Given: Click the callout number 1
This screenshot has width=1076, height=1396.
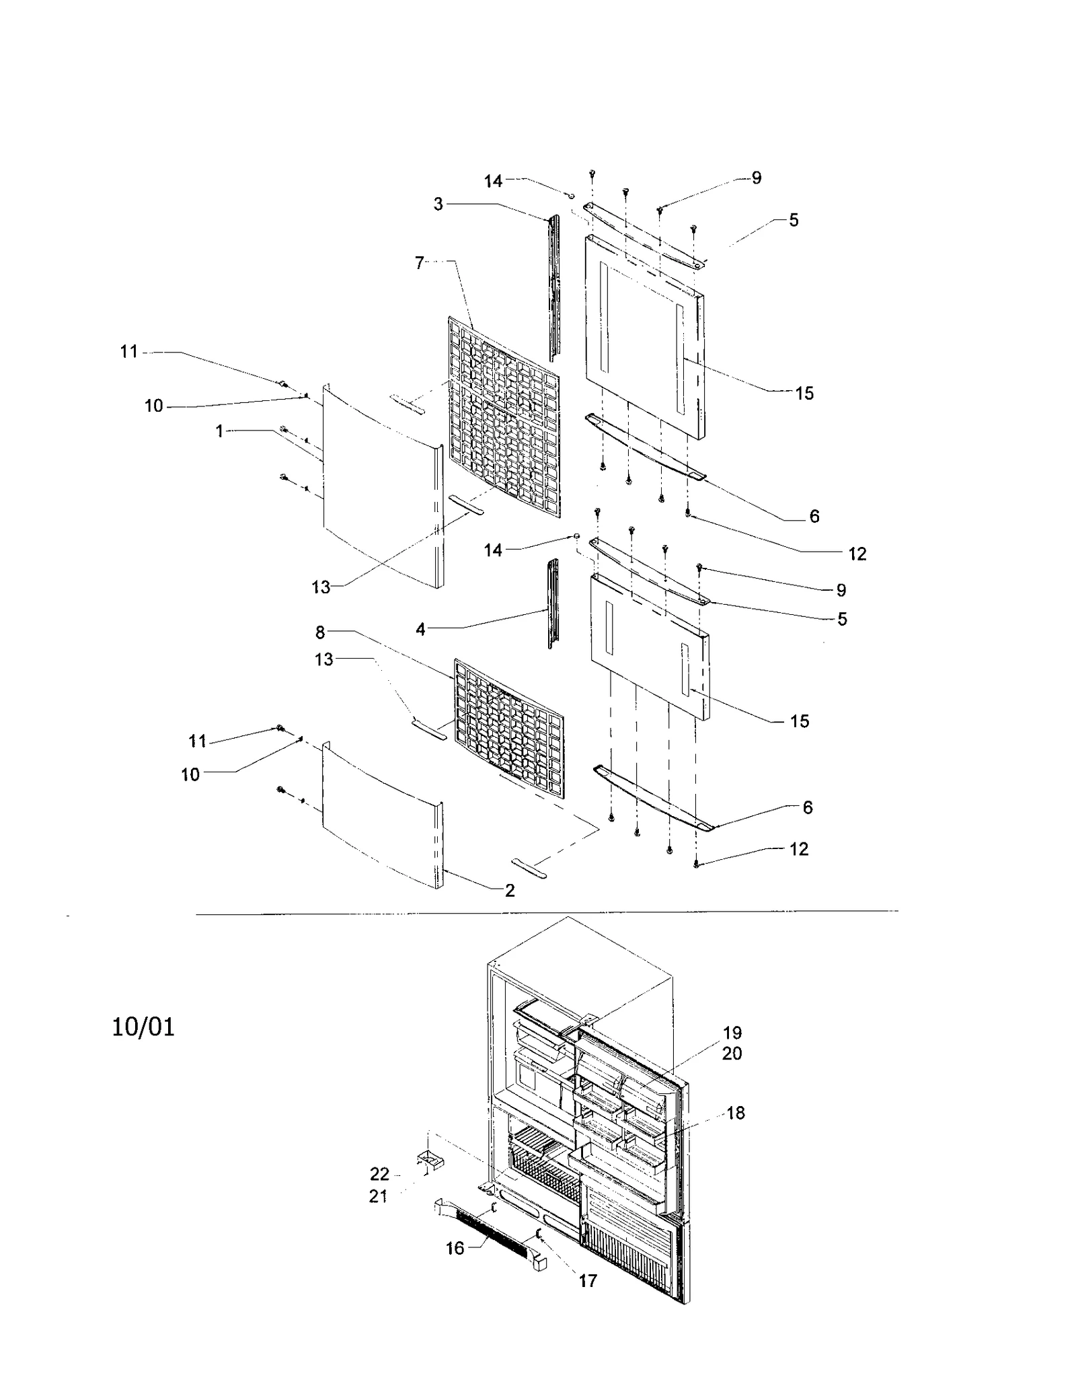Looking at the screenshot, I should click(x=219, y=431).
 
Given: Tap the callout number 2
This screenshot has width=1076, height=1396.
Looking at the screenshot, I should click(x=510, y=890).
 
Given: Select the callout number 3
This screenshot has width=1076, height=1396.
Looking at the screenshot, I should click(x=438, y=204).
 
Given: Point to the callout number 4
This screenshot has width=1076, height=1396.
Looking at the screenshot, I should click(x=420, y=630).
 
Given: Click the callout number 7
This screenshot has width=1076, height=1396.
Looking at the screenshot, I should click(x=420, y=263).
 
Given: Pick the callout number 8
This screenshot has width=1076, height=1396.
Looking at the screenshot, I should click(x=320, y=632).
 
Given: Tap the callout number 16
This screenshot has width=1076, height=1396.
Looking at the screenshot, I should click(x=455, y=1248).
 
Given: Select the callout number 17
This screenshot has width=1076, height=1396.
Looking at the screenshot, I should click(x=588, y=1281).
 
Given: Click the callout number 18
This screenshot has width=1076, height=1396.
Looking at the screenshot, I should click(x=736, y=1113).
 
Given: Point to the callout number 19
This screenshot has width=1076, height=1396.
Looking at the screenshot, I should click(x=732, y=1033).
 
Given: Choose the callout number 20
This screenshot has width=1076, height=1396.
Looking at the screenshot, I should click(x=732, y=1054).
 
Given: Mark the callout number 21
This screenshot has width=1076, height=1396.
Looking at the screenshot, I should click(x=379, y=1196).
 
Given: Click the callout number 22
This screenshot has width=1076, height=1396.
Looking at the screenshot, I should click(x=379, y=1174).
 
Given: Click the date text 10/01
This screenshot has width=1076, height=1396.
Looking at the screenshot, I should click(x=143, y=1027).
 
